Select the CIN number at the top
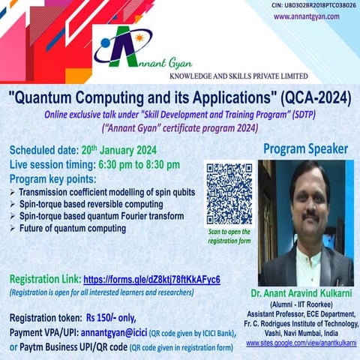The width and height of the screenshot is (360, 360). point(313,5)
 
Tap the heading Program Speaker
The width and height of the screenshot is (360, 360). point(305,149)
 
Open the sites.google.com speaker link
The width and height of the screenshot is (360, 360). point(301,343)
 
